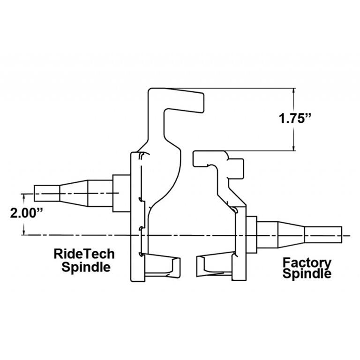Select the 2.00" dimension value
27,212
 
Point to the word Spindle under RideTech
86,267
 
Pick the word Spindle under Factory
307,274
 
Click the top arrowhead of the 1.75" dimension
294,91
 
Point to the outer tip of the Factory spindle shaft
341,234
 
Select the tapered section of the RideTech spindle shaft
74,193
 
